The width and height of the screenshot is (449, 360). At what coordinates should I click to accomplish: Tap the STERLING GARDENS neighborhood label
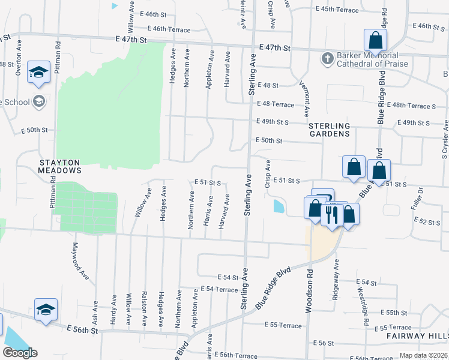tap(329, 130)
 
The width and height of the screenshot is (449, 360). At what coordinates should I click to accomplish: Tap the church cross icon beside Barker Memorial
tap(327, 59)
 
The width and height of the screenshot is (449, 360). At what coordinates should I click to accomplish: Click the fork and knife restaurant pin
tap(331, 214)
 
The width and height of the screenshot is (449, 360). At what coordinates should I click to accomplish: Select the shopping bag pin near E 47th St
tap(375, 41)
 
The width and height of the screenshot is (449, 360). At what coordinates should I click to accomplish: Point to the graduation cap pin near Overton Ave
tap(39, 73)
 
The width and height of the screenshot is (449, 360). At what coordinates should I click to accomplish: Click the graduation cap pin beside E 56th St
tap(46, 310)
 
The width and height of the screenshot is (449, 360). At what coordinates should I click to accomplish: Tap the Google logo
tap(20, 353)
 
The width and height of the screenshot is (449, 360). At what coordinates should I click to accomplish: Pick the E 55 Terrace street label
tap(283, 325)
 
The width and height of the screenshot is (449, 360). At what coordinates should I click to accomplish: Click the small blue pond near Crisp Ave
tap(279, 207)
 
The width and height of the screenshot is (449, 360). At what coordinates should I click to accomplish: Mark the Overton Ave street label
tap(19, 62)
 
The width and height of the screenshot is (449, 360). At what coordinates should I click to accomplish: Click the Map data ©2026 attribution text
tap(423, 355)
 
